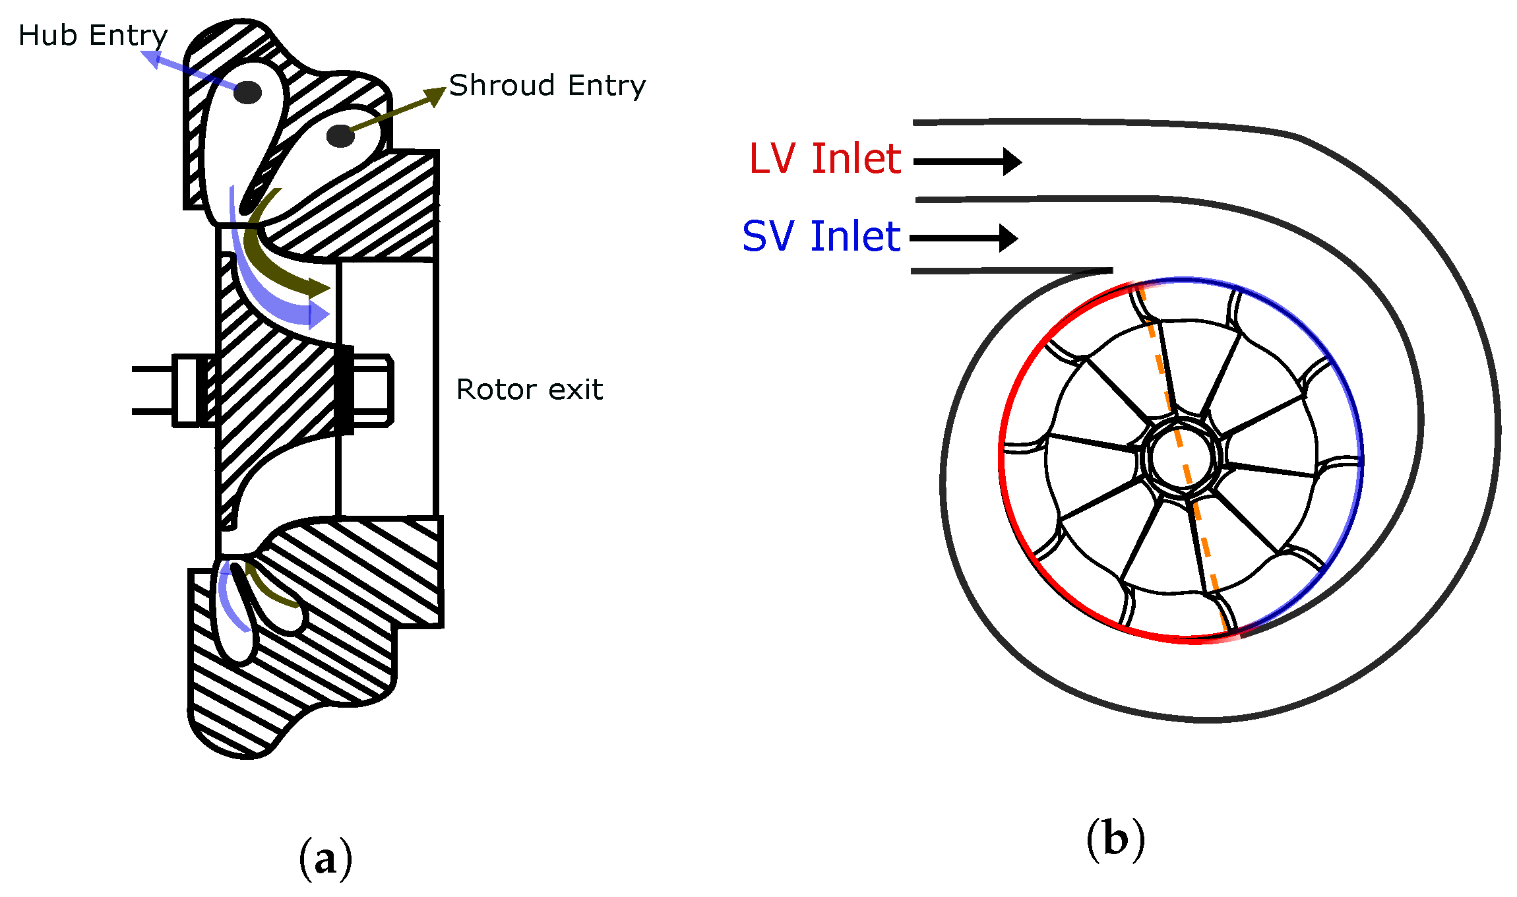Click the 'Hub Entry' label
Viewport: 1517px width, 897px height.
pos(93,36)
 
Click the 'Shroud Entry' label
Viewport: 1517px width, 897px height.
pos(547,86)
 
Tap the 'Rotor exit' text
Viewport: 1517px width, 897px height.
pos(529,390)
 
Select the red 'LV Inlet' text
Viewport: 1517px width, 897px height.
pos(824,159)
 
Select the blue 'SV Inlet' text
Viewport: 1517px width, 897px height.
pos(820,237)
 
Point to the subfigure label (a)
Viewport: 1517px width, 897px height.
pos(326,858)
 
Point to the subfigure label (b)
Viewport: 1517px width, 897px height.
pos(1115,840)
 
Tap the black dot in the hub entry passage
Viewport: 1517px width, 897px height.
pos(247,92)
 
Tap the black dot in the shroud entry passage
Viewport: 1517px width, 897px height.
pos(340,137)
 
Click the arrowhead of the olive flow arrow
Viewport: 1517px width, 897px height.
pos(319,288)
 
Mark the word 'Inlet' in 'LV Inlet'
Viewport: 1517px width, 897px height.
pos(855,159)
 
